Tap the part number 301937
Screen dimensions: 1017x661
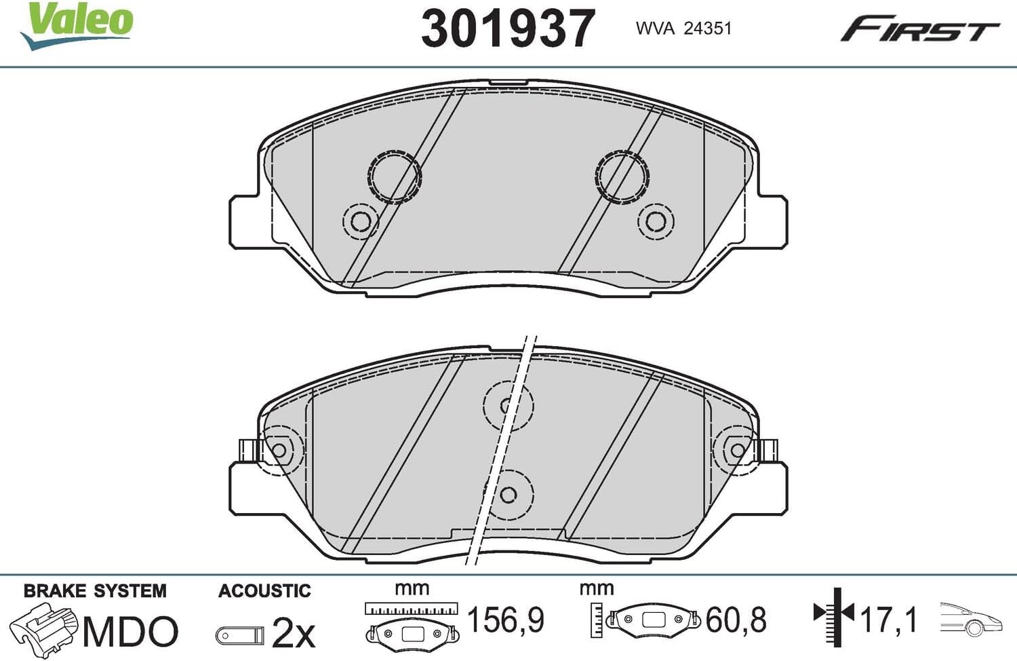point(508,29)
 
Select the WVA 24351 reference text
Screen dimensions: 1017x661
point(683,29)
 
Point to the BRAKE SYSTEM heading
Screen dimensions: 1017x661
point(95,591)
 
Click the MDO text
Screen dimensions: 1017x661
point(130,631)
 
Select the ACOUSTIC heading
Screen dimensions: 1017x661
point(264,591)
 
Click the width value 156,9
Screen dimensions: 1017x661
point(506,619)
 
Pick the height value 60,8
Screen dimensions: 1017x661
point(736,619)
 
